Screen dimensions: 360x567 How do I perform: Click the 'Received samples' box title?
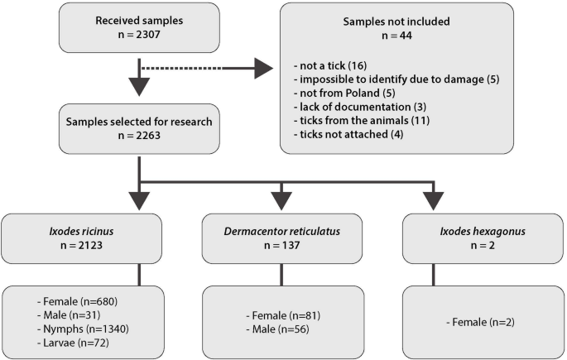click(x=139, y=21)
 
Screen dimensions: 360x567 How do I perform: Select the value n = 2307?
click(x=139, y=36)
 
